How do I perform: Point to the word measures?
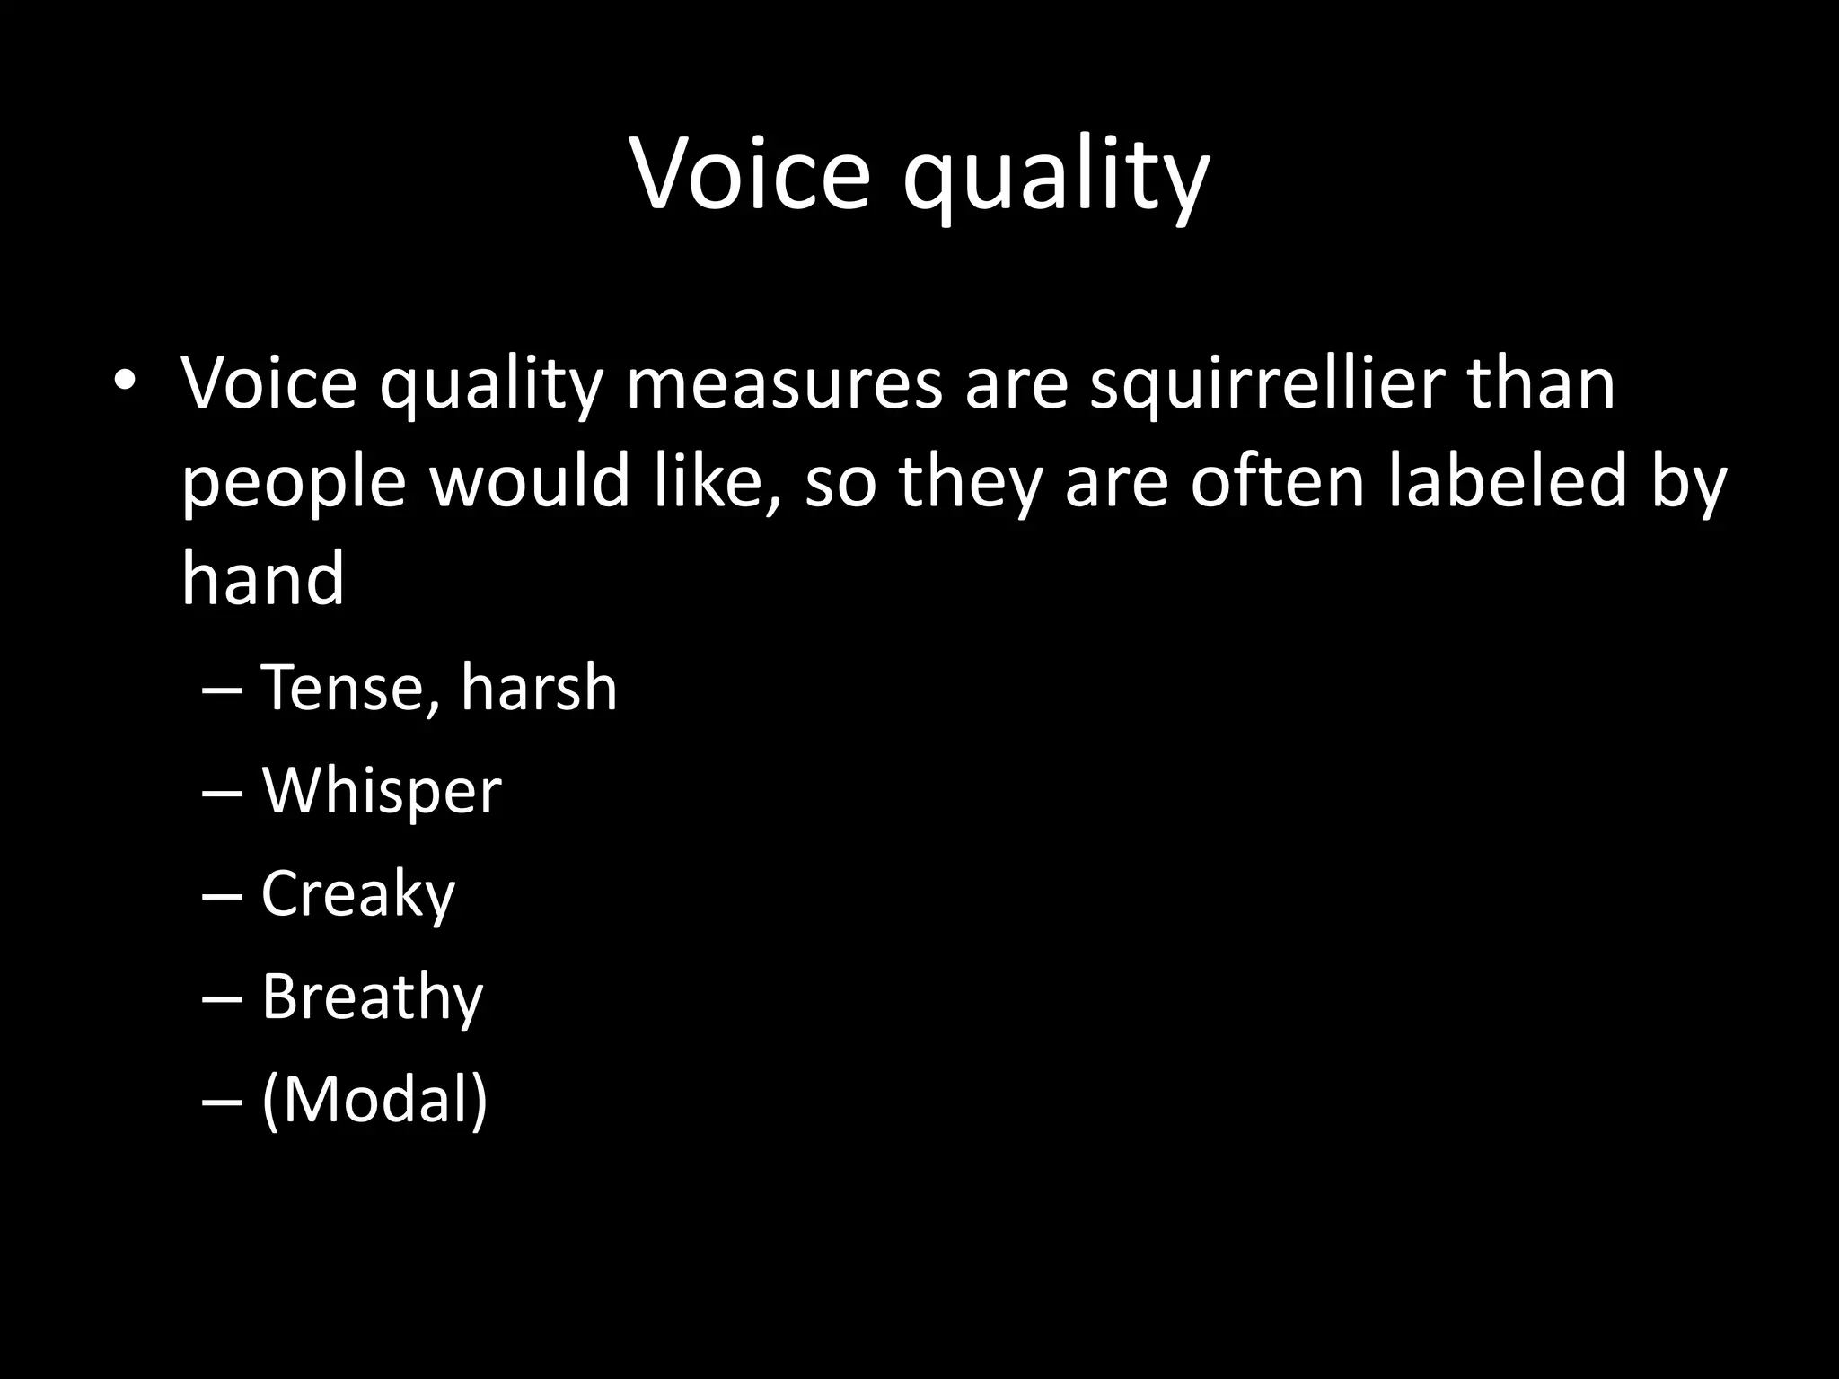[x=784, y=384]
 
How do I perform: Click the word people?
[x=294, y=484]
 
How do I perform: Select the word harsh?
[x=539, y=689]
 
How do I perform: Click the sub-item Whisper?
[x=381, y=792]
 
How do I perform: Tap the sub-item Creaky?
[x=358, y=895]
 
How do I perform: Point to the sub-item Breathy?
[x=372, y=998]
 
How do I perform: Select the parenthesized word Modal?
[x=374, y=1100]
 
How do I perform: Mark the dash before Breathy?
[x=223, y=998]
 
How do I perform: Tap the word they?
[x=972, y=482]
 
